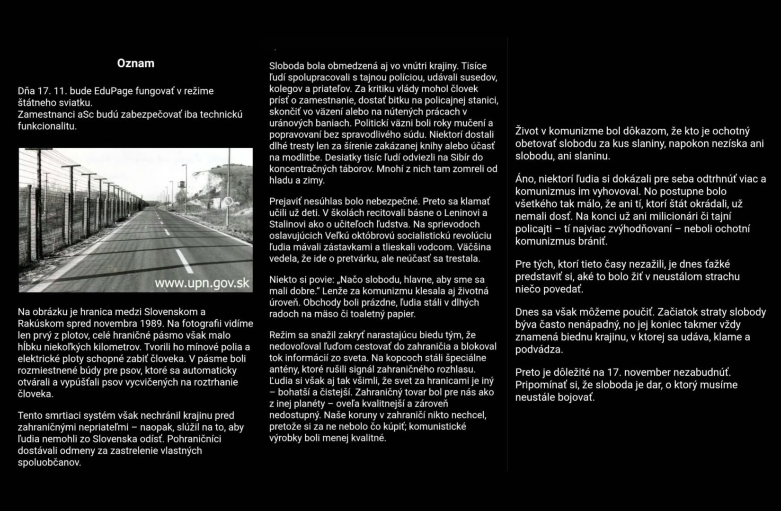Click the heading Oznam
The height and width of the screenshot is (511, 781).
click(135, 63)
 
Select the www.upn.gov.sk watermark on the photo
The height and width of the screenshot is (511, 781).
click(202, 283)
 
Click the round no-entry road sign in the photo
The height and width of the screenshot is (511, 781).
click(229, 202)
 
